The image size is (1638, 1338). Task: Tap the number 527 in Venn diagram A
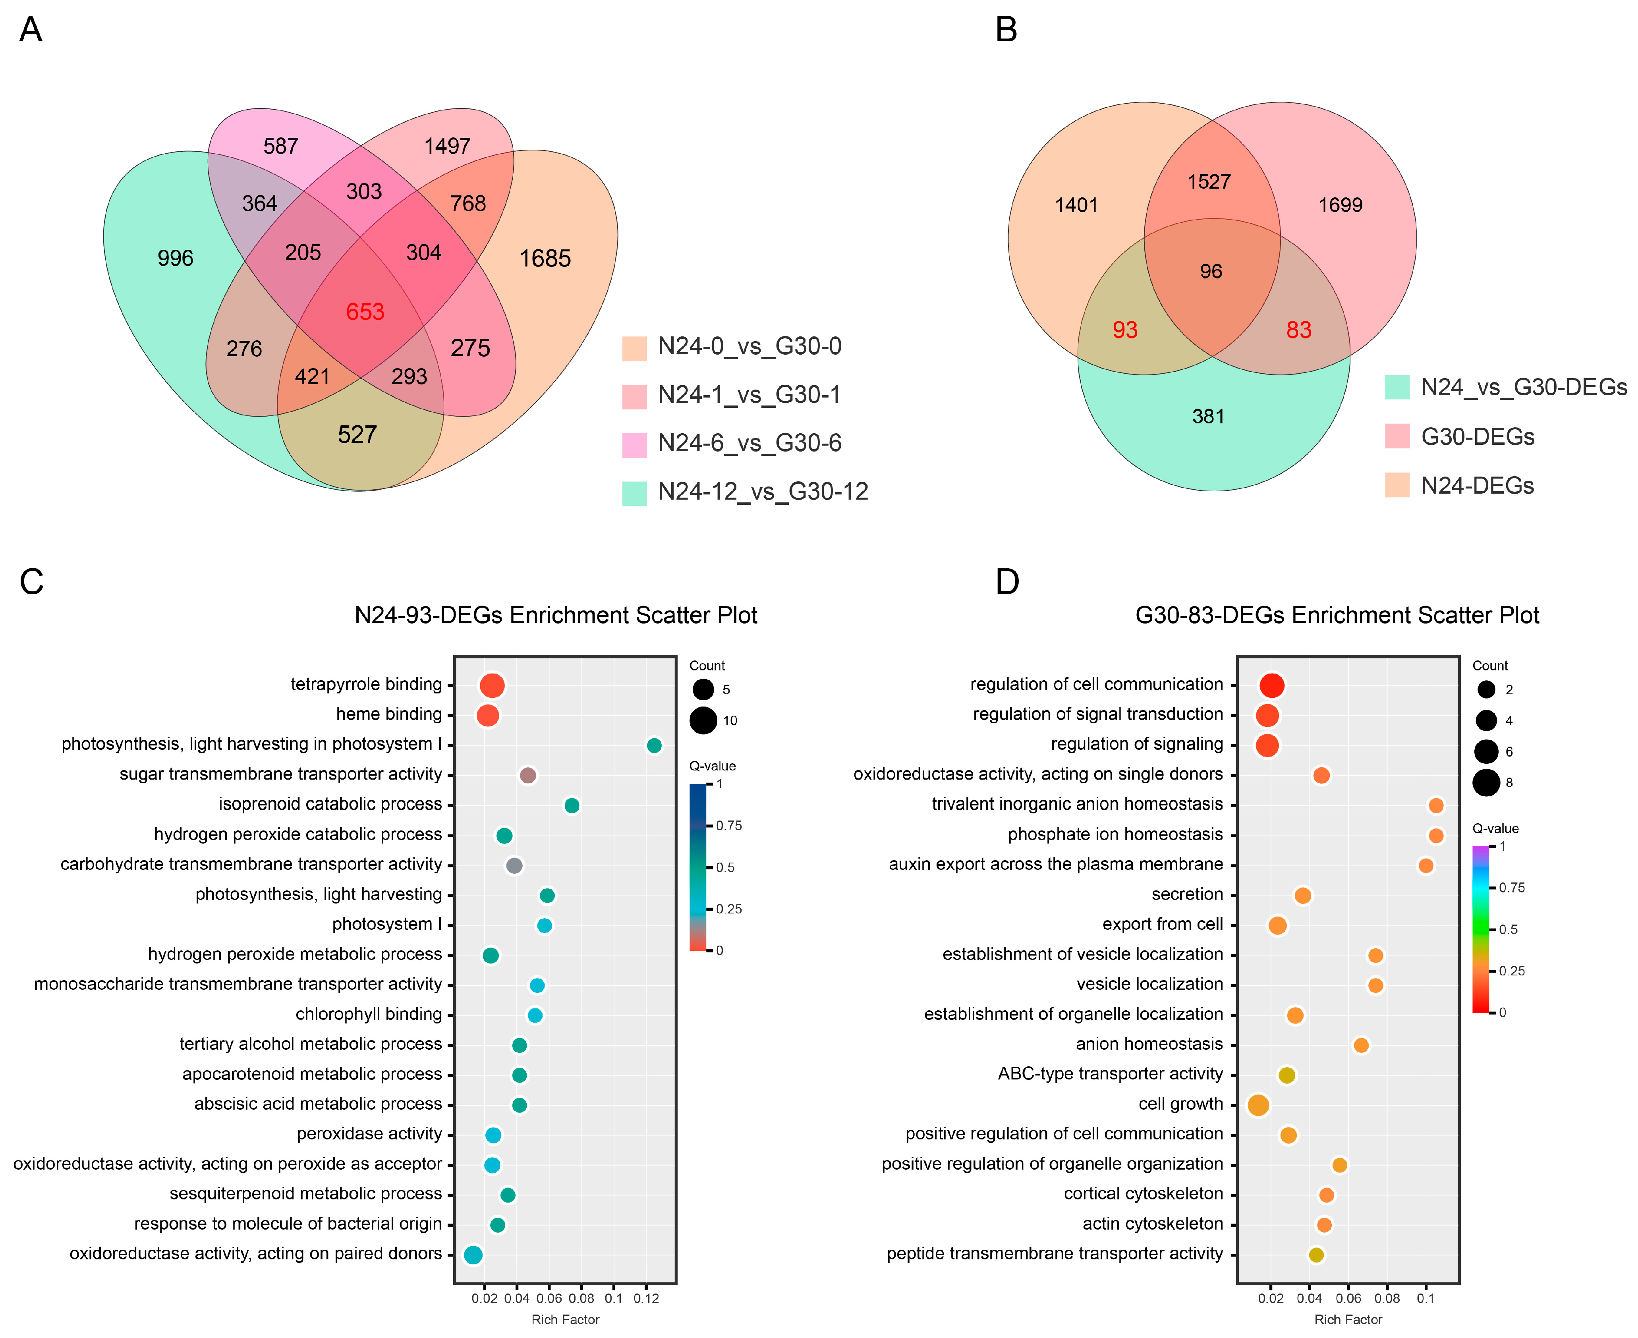(357, 435)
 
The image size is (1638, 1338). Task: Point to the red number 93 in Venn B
(1124, 330)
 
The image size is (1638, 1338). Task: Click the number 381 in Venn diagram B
(1208, 416)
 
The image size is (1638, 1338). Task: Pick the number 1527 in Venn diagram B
(1209, 182)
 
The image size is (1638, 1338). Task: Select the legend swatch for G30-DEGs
(1397, 436)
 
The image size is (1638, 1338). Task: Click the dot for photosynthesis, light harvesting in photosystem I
(654, 745)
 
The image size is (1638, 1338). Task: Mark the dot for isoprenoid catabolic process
(571, 805)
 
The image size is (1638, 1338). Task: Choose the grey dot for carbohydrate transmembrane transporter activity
(514, 865)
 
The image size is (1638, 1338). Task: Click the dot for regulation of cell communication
(1272, 685)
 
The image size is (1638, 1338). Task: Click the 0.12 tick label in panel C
(646, 1299)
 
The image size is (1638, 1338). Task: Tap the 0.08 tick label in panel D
(1387, 1299)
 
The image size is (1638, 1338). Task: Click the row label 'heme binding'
(388, 714)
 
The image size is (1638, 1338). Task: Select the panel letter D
(1007, 582)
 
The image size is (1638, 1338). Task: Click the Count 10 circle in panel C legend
(703, 721)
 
